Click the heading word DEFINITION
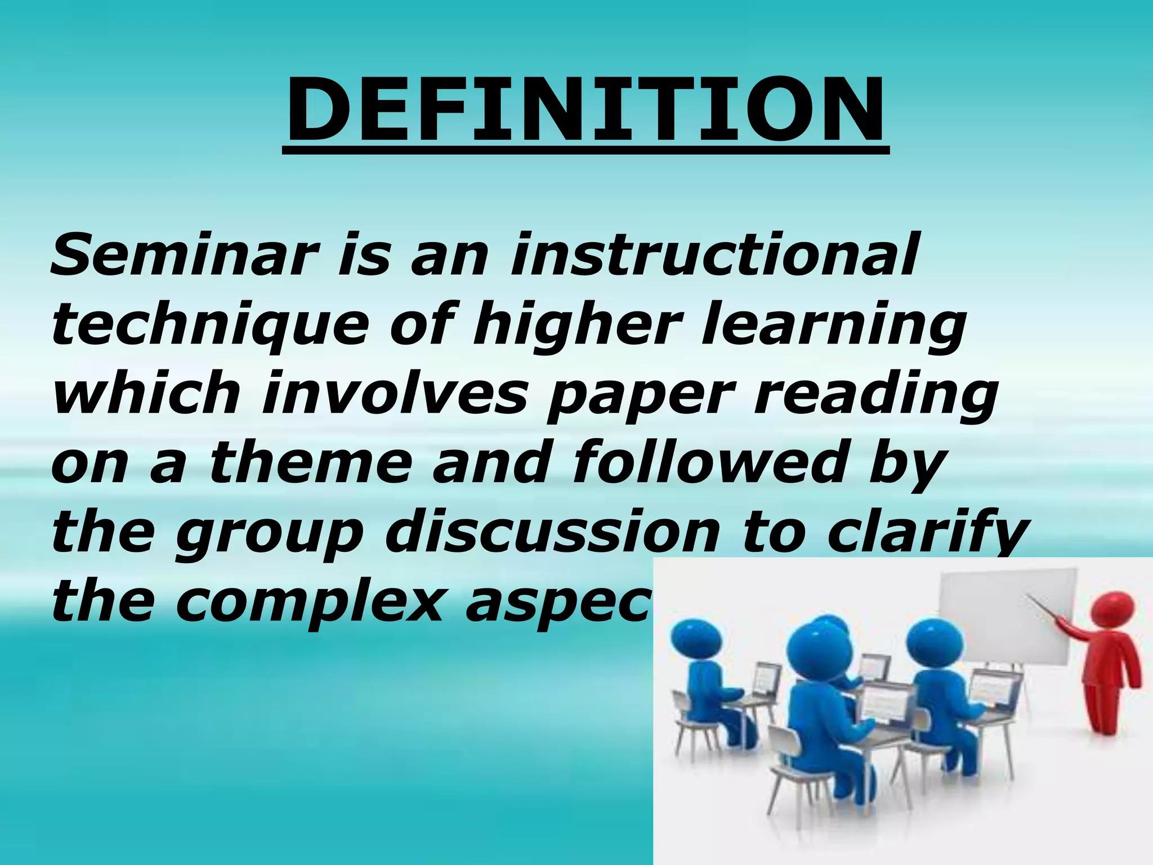pyautogui.click(x=586, y=110)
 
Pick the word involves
pyautogui.click(x=394, y=394)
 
